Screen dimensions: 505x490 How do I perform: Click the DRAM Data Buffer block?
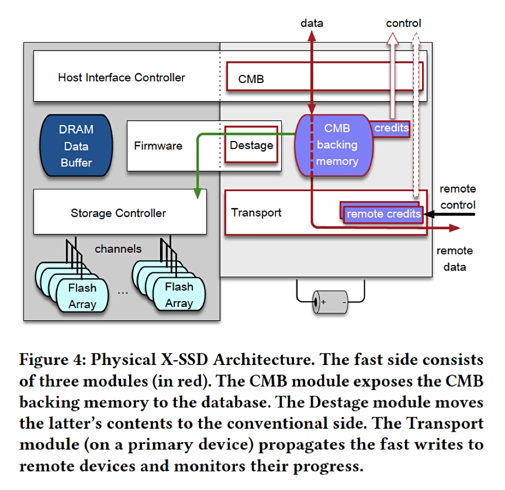point(77,145)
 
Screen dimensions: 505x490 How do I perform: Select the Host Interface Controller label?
point(121,78)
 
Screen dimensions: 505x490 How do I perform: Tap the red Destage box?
point(251,144)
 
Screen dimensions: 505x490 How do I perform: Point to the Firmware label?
point(158,146)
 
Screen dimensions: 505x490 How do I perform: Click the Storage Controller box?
point(120,212)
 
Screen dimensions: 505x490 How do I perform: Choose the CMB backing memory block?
point(334,145)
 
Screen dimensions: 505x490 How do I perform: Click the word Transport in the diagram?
point(256,212)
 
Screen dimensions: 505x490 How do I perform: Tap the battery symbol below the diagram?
point(330,302)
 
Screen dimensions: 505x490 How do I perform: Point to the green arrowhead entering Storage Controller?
point(197,194)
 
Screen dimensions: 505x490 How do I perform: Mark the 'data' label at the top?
point(312,23)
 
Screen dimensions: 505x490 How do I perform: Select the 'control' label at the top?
point(403,23)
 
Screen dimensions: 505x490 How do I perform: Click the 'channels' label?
point(118,249)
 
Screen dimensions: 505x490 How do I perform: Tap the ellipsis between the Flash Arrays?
point(123,293)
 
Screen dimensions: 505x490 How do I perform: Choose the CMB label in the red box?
point(251,79)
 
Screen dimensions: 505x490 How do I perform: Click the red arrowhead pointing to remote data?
point(454,228)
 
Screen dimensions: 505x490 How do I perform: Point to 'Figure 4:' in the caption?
point(53,360)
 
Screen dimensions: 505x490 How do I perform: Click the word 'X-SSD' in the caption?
point(184,360)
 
